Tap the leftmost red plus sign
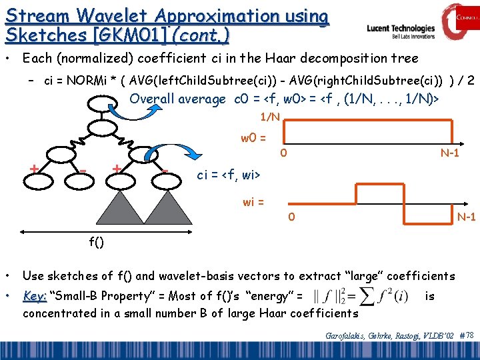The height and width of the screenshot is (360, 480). pos(33,169)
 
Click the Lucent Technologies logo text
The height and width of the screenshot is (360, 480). pos(401,29)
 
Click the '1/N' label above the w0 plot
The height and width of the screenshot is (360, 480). pos(270,117)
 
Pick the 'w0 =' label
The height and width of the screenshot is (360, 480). pos(253,139)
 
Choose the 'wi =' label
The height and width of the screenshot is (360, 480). pos(253,202)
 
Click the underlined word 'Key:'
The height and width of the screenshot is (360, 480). pos(35,296)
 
